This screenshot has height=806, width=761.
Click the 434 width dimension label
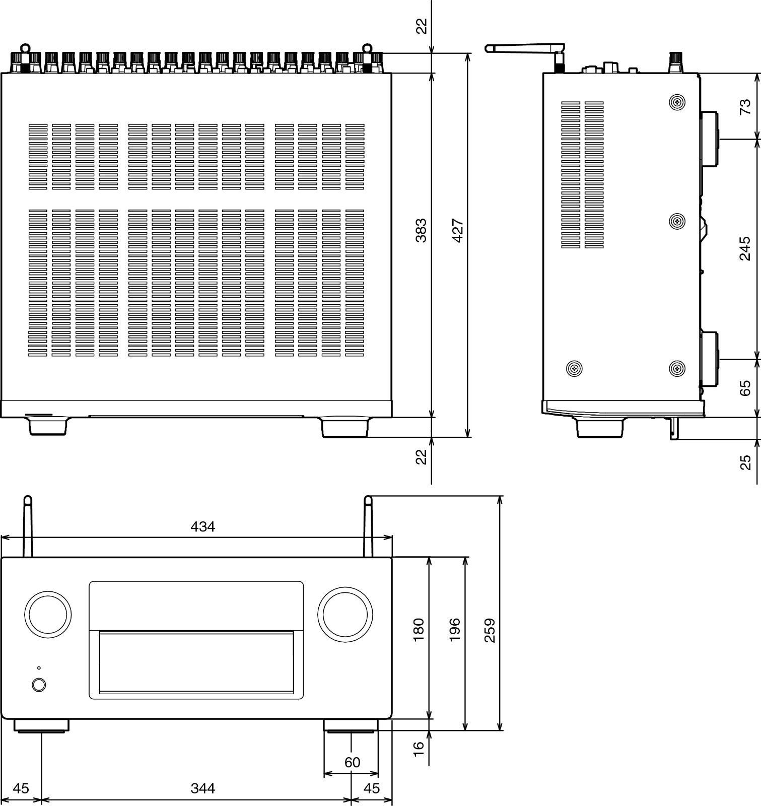click(x=202, y=527)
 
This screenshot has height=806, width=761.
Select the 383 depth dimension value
click(x=421, y=230)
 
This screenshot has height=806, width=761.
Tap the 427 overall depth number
click(x=457, y=230)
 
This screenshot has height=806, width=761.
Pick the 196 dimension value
click(x=454, y=630)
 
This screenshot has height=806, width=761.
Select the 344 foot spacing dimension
click(x=202, y=788)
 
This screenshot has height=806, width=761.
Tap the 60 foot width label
click(x=352, y=762)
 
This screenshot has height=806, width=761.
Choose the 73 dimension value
click(x=745, y=107)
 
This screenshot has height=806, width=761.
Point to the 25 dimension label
click(x=745, y=462)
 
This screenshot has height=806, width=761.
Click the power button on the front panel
click(x=39, y=685)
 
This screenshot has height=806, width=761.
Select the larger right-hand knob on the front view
click(x=345, y=614)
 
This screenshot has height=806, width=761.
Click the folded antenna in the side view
click(x=524, y=48)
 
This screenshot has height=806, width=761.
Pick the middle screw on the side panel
click(x=677, y=221)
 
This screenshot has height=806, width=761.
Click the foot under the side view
click(x=599, y=428)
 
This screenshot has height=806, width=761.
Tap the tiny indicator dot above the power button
click(x=39, y=668)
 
